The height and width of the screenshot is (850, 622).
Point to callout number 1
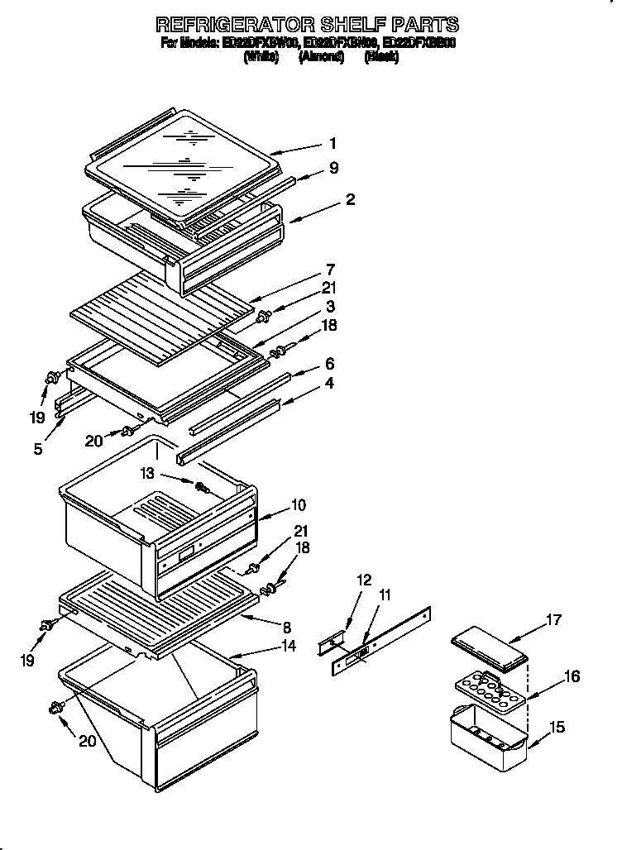point(333,143)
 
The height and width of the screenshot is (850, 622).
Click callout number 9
point(333,168)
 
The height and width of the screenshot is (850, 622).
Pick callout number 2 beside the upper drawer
point(350,200)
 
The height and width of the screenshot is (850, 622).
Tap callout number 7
point(330,269)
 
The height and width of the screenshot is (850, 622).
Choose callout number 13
point(146,473)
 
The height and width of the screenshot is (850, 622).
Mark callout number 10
point(298,504)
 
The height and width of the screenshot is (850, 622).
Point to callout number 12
point(365,580)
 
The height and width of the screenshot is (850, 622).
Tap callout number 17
point(553,619)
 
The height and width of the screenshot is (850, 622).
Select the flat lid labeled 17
point(490,649)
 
